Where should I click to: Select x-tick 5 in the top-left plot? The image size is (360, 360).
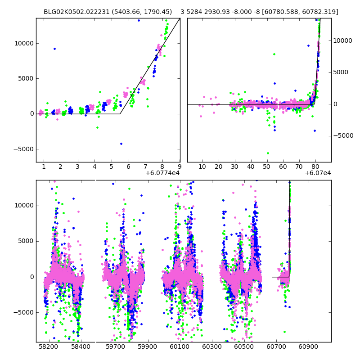[x=111, y=166]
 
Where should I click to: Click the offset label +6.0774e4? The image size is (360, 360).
[x=162, y=173]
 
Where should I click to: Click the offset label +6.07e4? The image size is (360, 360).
[x=318, y=173]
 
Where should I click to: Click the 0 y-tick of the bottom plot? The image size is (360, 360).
[x=31, y=277]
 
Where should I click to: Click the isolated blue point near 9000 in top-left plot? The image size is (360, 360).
[x=54, y=49]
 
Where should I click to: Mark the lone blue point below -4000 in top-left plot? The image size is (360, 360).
[x=121, y=144]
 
